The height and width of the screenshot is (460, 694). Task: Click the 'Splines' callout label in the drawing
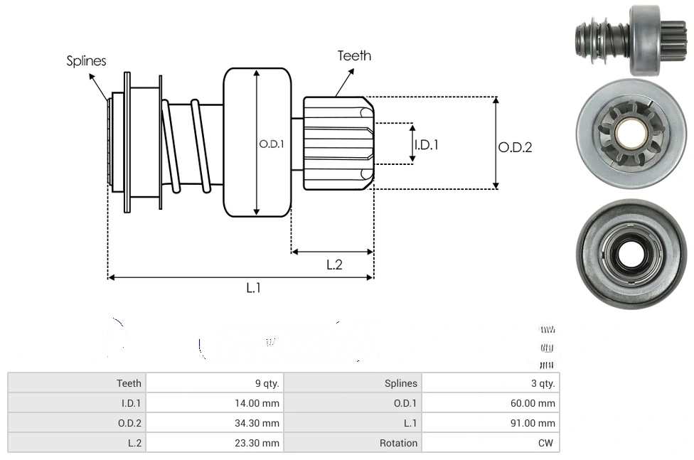pyautogui.click(x=86, y=61)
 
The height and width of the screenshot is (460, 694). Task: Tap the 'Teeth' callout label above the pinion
pyautogui.click(x=354, y=55)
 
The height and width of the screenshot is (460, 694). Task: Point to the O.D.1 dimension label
pyautogui.click(x=272, y=144)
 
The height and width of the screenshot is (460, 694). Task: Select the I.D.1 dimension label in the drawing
pyautogui.click(x=426, y=144)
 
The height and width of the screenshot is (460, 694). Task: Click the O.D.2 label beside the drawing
pyautogui.click(x=515, y=147)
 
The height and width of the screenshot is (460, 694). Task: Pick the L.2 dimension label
pyautogui.click(x=334, y=264)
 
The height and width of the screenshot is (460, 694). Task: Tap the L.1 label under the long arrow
pyautogui.click(x=254, y=288)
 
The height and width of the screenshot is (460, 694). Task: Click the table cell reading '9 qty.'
pyautogui.click(x=267, y=383)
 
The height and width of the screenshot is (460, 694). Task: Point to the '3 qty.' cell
pyautogui.click(x=543, y=383)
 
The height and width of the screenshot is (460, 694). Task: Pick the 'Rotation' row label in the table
pyautogui.click(x=398, y=443)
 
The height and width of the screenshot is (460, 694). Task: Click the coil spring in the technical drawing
pyautogui.click(x=183, y=146)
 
